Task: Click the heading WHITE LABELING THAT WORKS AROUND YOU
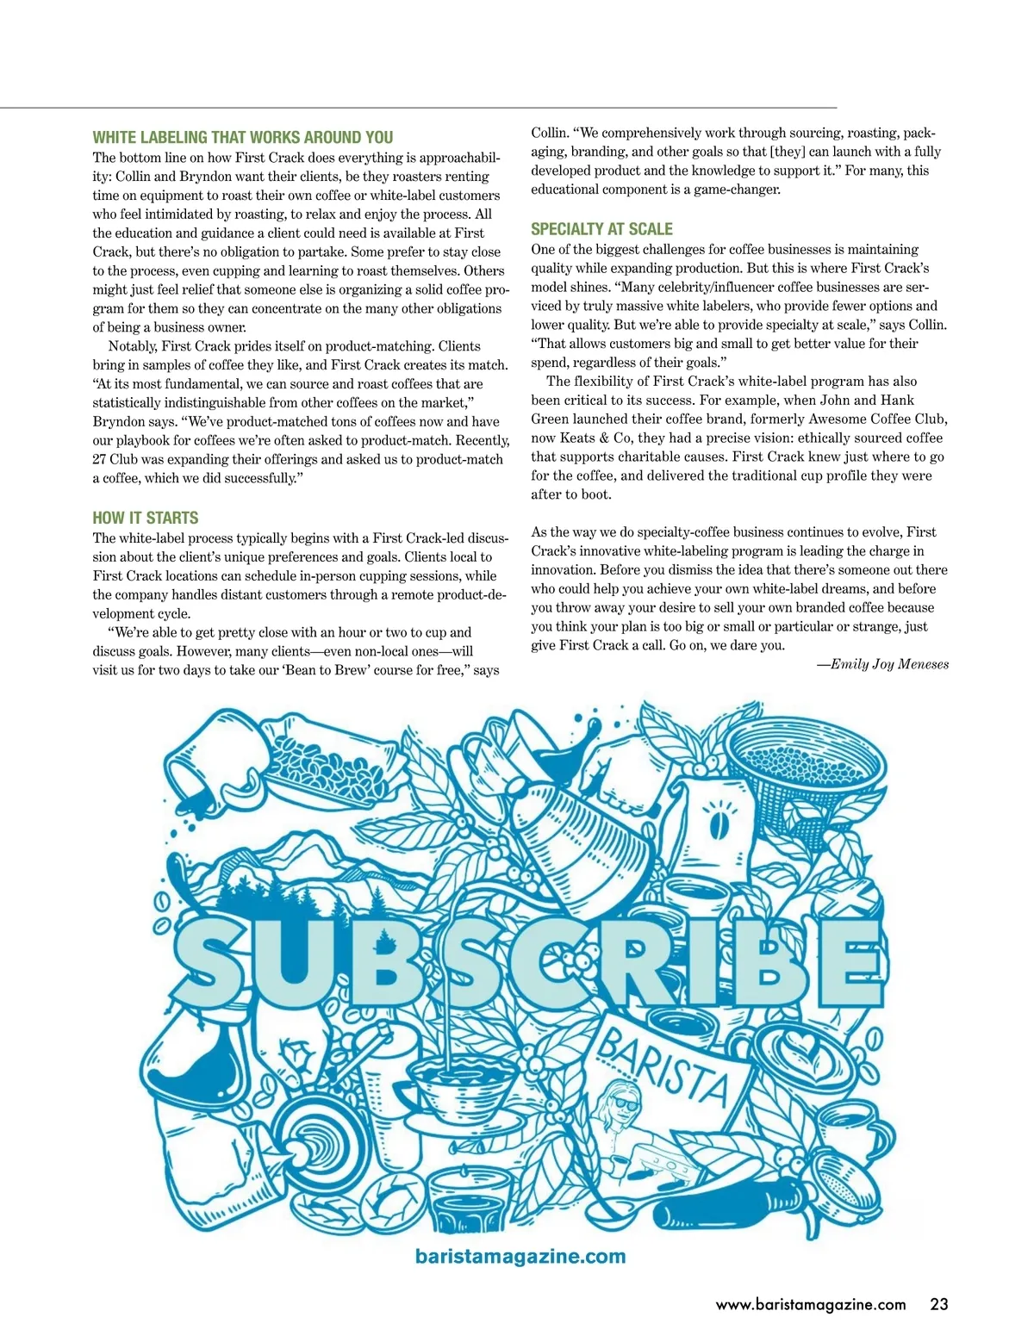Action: click(x=243, y=138)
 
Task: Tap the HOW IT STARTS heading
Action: click(x=146, y=518)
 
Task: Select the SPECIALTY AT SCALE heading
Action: click(x=601, y=229)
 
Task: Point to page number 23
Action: click(x=938, y=1304)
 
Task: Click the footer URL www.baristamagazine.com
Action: click(x=811, y=1304)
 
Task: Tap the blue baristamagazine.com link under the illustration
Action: click(x=520, y=1256)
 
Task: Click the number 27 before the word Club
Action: click(x=100, y=459)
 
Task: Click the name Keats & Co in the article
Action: click(x=595, y=438)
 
